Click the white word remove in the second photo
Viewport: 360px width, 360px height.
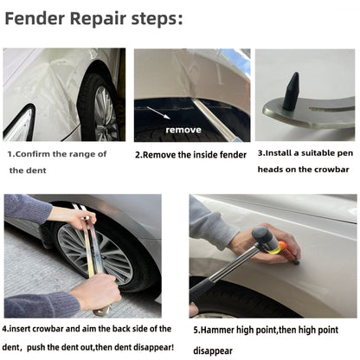tap(183, 130)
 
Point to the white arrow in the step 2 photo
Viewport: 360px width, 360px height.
tap(161, 114)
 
